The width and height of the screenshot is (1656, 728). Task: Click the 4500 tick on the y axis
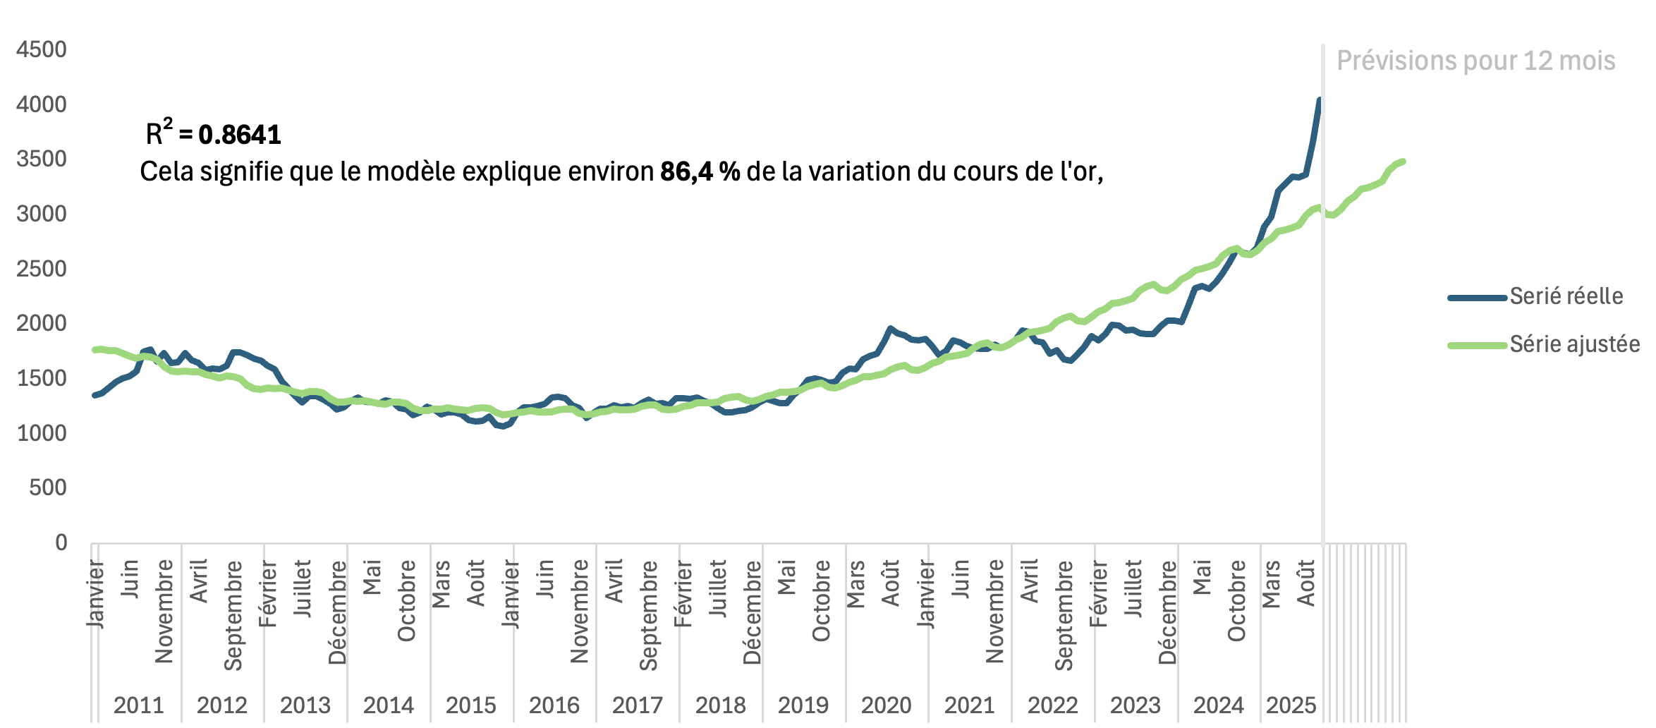42,50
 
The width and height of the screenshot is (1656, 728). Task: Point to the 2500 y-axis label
42,269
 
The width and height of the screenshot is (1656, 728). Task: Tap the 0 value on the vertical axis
61,542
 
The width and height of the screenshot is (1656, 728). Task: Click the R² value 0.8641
240,135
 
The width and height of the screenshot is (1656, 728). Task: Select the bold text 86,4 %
700,171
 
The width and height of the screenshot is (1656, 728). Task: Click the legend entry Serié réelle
1566,296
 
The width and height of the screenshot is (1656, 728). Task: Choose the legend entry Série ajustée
1574,344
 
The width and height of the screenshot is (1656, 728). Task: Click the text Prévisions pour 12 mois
1475,61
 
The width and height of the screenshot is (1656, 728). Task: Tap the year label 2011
138,705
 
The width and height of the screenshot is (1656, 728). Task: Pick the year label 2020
886,705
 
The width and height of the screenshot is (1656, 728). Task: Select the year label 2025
1291,705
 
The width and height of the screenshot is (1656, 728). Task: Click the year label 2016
554,705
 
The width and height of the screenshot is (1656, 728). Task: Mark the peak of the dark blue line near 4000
1319,100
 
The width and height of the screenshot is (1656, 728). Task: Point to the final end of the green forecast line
1403,162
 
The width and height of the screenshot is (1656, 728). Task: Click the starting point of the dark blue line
95,396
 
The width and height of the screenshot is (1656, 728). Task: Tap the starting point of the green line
95,350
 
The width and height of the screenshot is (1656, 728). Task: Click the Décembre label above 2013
338,612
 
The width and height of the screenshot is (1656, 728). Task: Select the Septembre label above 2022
1064,615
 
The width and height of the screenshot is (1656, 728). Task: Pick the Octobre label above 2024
1236,600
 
